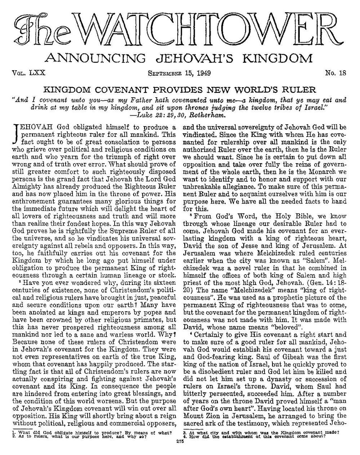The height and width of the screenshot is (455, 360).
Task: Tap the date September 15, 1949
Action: [179, 73]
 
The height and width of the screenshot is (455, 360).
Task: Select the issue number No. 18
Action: [335, 73]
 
